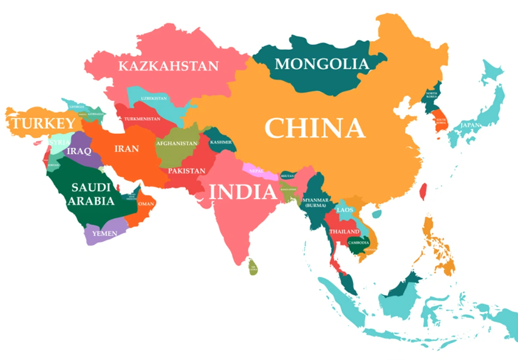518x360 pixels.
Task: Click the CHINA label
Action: [x=315, y=128]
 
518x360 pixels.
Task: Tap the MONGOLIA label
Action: [x=322, y=64]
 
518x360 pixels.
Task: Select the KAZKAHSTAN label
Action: [x=168, y=66]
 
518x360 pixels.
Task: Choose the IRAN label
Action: [x=126, y=149]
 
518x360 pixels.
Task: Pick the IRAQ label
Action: [x=79, y=151]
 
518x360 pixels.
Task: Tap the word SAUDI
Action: [x=91, y=188]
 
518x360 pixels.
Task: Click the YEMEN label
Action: [x=105, y=233]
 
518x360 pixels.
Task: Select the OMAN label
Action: [x=146, y=204]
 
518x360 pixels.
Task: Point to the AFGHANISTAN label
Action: [x=177, y=143]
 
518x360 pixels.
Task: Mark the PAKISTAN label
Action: [x=187, y=171]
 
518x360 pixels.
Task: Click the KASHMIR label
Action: [x=221, y=142]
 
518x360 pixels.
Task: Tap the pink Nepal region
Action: [x=259, y=171]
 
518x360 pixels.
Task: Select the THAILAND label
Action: [x=344, y=231]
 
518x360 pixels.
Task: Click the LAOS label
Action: [x=345, y=210]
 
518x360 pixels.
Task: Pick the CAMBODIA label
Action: [x=358, y=243]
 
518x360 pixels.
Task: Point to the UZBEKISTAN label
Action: [x=154, y=98]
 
